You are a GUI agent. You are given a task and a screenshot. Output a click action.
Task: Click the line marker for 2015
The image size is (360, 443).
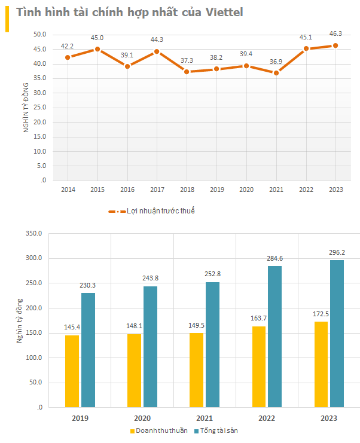[x=97, y=49]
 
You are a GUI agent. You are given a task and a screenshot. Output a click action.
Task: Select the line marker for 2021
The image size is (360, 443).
[x=276, y=73]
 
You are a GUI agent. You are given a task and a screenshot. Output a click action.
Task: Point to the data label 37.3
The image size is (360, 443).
[x=187, y=61]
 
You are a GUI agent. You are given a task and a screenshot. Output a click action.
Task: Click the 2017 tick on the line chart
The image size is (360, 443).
[x=157, y=190]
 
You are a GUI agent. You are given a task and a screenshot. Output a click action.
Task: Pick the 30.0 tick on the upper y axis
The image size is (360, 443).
[x=39, y=93]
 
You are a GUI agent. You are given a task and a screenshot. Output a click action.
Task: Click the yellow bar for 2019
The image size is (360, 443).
[x=72, y=371]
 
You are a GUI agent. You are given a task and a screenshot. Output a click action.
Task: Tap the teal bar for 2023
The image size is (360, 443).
[x=337, y=334]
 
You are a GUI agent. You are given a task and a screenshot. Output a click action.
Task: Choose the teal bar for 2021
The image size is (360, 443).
[x=212, y=344]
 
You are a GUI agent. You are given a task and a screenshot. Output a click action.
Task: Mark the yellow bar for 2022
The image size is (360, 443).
[x=259, y=366]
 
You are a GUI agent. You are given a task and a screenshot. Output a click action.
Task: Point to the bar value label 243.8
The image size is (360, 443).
[x=150, y=278]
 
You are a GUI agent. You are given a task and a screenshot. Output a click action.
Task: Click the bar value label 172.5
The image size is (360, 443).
[x=321, y=313]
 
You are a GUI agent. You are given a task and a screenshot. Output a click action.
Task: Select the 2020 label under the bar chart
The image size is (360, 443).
[x=141, y=418]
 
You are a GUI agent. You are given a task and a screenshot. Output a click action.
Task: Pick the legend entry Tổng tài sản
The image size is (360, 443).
[x=219, y=430]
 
